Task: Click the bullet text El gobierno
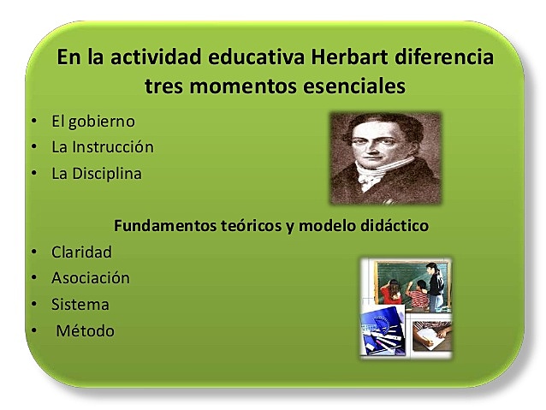pos(93,121)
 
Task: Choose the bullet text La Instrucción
pos(103,146)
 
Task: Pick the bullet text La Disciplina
pos(97,173)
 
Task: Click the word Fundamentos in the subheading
pos(162,226)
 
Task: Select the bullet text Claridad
pos(81,253)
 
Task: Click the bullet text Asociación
pos(91,278)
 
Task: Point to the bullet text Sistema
pos(80,304)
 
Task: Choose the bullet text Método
pos(85,330)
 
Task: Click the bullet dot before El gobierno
pos(33,122)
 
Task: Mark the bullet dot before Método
pos(33,331)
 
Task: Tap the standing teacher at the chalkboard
pos(435,287)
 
